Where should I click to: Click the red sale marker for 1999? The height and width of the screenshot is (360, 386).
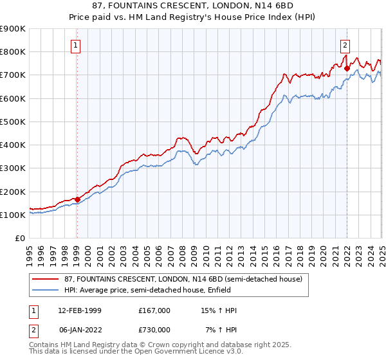[77, 199]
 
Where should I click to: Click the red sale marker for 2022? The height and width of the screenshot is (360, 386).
[347, 68]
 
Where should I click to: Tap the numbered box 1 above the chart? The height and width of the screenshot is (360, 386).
[76, 45]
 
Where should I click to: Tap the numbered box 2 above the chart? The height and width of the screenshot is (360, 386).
[345, 45]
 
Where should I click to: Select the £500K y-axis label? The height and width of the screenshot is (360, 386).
[13, 122]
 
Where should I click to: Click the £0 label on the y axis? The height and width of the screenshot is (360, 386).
[21, 238]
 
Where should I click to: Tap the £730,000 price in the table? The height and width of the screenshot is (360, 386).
[154, 329]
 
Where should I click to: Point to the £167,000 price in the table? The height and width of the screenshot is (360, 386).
[154, 310]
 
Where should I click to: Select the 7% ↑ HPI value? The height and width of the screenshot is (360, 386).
[221, 329]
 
